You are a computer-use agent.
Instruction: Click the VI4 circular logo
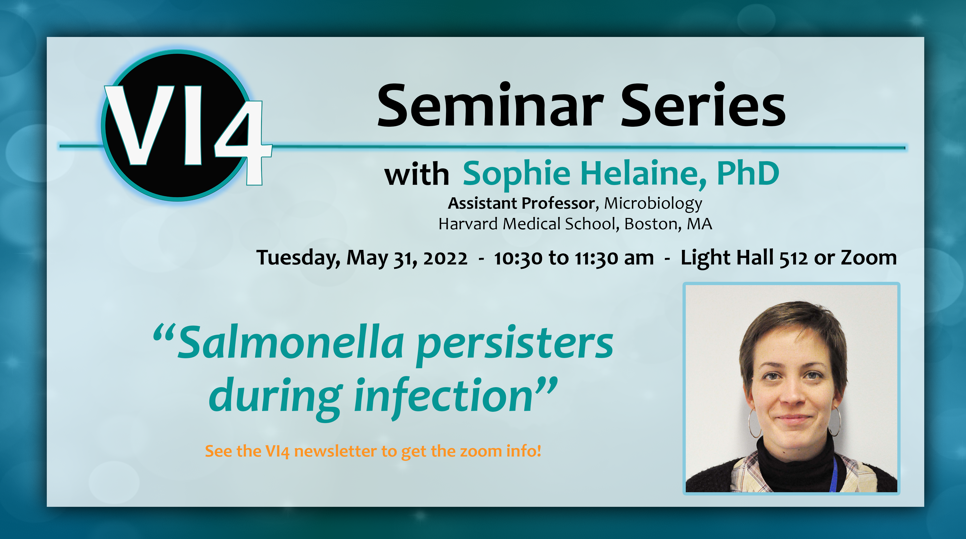(x=184, y=125)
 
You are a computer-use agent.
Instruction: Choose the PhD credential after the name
(x=748, y=173)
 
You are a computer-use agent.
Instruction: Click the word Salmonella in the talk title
(x=291, y=342)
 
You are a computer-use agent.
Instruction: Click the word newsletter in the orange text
(x=335, y=451)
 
